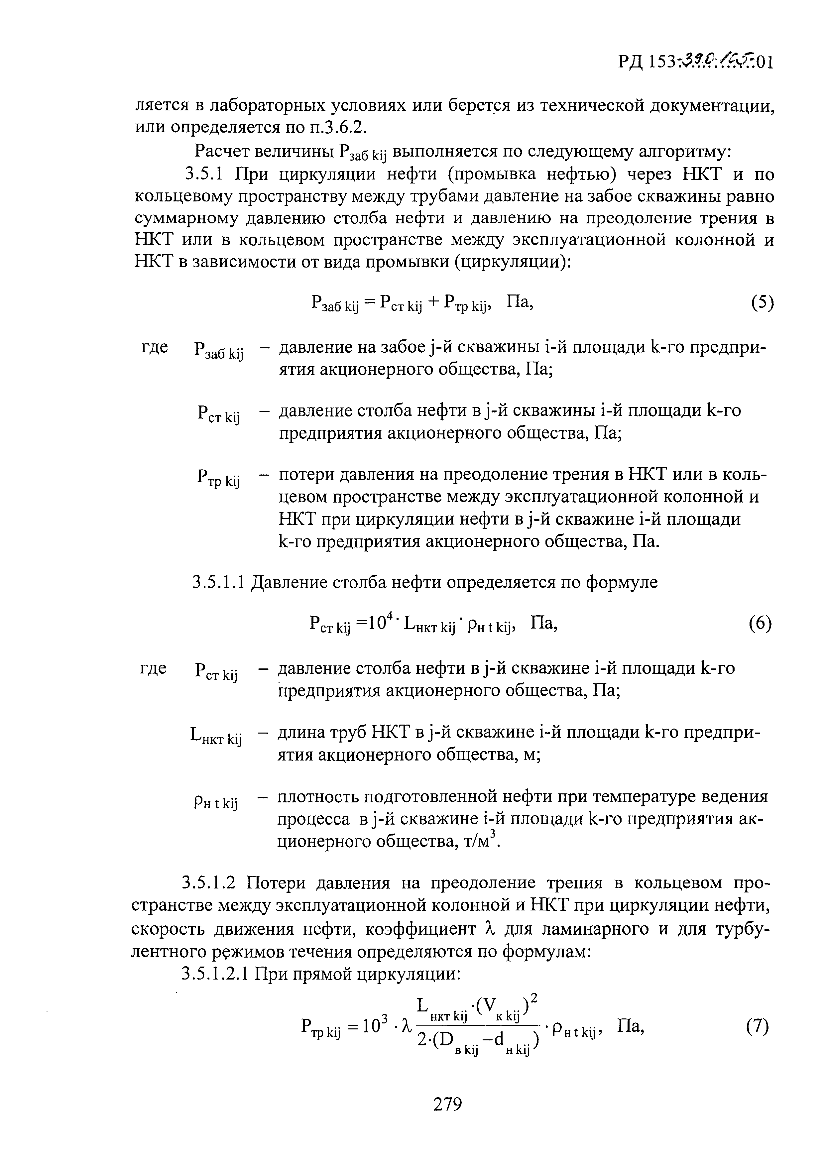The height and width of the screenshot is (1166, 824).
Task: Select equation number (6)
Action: (760, 623)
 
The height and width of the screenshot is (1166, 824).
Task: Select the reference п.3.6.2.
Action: (338, 127)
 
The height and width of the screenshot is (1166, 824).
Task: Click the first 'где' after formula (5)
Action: (154, 347)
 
